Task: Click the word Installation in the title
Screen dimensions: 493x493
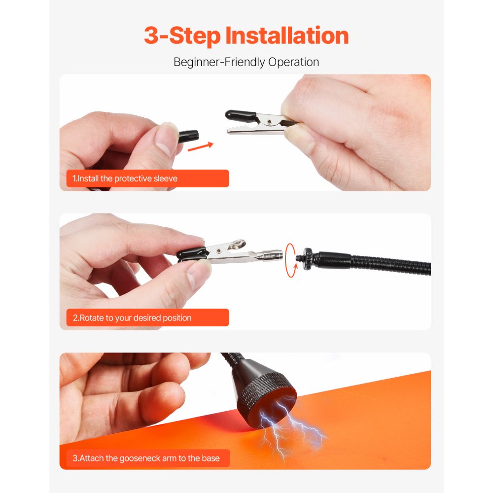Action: [287, 36]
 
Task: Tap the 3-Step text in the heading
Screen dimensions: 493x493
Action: [182, 36]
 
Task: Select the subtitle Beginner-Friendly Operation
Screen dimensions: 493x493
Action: [246, 62]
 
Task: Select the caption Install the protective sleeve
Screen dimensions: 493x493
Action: [125, 178]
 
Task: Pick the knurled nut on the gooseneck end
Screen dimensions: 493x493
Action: [308, 257]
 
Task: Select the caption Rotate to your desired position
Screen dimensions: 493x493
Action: [132, 318]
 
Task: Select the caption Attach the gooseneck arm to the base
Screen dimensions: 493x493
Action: [146, 458]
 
